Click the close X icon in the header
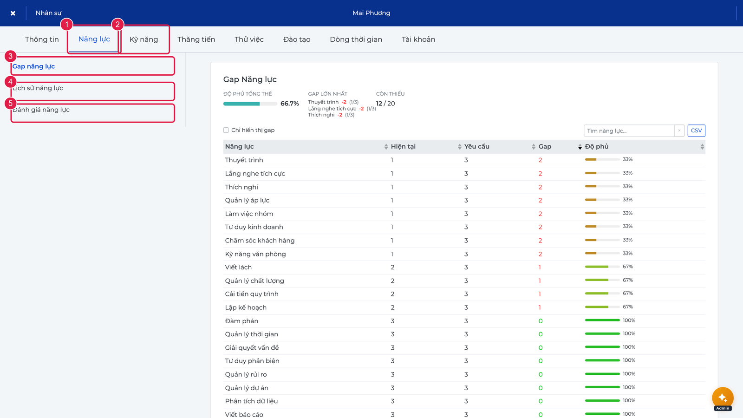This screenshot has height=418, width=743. tap(13, 13)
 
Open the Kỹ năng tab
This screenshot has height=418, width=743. tap(143, 39)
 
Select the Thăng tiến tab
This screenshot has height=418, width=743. tap(196, 39)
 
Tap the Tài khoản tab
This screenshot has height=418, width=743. tap(418, 39)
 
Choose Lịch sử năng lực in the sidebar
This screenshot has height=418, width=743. tap(38, 88)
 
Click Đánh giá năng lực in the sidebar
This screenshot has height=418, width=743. tap(41, 110)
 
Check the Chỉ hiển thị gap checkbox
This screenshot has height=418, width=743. tap(226, 130)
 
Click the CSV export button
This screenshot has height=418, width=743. tap(696, 131)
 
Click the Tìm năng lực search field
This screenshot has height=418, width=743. tap(629, 131)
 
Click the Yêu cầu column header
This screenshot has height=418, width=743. tap(476, 147)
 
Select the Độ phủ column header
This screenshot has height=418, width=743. tap(596, 147)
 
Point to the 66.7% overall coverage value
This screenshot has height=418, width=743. tap(290, 104)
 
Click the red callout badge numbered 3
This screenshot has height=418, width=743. tap(11, 56)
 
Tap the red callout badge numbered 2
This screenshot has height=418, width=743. tap(117, 24)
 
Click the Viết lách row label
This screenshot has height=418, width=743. tap(238, 268)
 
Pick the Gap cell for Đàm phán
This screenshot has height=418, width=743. tap(541, 321)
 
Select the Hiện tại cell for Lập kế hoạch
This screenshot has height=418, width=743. tap(392, 307)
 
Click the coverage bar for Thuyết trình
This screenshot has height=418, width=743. tap(602, 160)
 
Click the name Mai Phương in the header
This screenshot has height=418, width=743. tap(371, 13)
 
